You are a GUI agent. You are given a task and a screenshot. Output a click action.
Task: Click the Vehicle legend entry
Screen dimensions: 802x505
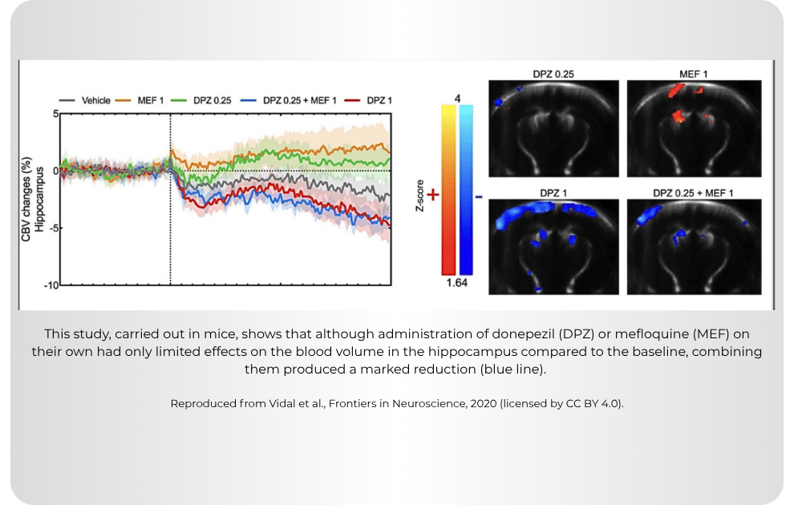(x=84, y=100)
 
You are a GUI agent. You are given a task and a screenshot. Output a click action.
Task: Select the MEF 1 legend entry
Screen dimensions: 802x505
(x=139, y=100)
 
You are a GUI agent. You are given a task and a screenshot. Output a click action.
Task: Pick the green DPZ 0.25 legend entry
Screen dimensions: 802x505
(x=201, y=100)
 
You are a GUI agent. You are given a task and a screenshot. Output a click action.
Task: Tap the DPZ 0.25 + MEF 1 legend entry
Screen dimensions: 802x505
(x=289, y=100)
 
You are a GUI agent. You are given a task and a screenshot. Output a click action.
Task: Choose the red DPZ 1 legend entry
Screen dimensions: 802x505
(x=368, y=100)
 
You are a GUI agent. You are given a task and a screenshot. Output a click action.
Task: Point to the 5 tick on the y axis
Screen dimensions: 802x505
(x=56, y=114)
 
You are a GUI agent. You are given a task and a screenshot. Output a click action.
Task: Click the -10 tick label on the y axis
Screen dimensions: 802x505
(x=51, y=285)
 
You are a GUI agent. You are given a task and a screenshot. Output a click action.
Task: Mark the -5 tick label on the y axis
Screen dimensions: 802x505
(x=55, y=228)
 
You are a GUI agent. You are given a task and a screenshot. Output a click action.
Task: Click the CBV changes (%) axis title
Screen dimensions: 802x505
(x=26, y=199)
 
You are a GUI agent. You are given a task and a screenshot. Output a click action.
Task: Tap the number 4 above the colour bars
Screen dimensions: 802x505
(x=457, y=99)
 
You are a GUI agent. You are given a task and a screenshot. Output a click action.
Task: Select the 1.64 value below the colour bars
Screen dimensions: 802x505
(x=457, y=283)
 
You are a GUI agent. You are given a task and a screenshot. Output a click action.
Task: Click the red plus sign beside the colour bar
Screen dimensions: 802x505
(x=433, y=195)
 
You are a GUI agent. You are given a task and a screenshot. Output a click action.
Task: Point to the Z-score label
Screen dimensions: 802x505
(x=420, y=196)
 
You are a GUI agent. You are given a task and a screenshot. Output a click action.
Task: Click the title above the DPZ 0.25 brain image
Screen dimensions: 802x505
(x=553, y=74)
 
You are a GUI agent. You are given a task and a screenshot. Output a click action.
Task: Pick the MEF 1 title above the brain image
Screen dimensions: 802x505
(x=694, y=74)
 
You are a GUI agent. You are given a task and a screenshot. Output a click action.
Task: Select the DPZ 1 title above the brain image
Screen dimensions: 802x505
(x=553, y=193)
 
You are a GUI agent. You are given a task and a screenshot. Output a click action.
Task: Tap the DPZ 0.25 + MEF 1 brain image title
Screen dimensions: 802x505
(x=693, y=193)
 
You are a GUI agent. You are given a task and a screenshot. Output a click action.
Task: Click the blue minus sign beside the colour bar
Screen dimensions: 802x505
(x=479, y=196)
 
